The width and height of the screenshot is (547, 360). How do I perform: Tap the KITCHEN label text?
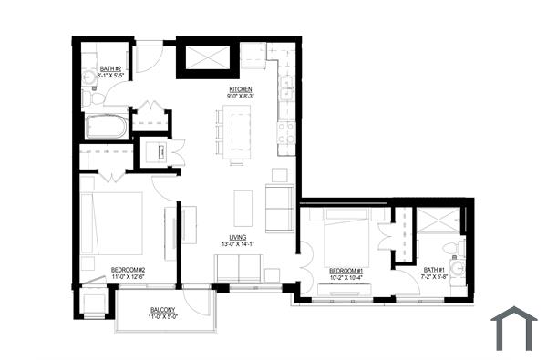[240, 89]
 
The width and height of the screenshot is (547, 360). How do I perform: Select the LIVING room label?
[238, 238]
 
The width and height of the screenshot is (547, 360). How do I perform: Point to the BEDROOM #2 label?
[128, 269]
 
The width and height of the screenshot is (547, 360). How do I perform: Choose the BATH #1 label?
[434, 269]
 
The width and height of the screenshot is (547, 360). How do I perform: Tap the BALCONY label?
[163, 310]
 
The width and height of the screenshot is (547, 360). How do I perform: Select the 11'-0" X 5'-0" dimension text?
[163, 317]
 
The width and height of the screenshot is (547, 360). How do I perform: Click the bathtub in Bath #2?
[106, 126]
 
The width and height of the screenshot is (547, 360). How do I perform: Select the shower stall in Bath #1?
[439, 221]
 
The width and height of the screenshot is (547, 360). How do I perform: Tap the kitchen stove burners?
[284, 135]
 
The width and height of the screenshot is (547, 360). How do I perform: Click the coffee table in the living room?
[243, 207]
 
